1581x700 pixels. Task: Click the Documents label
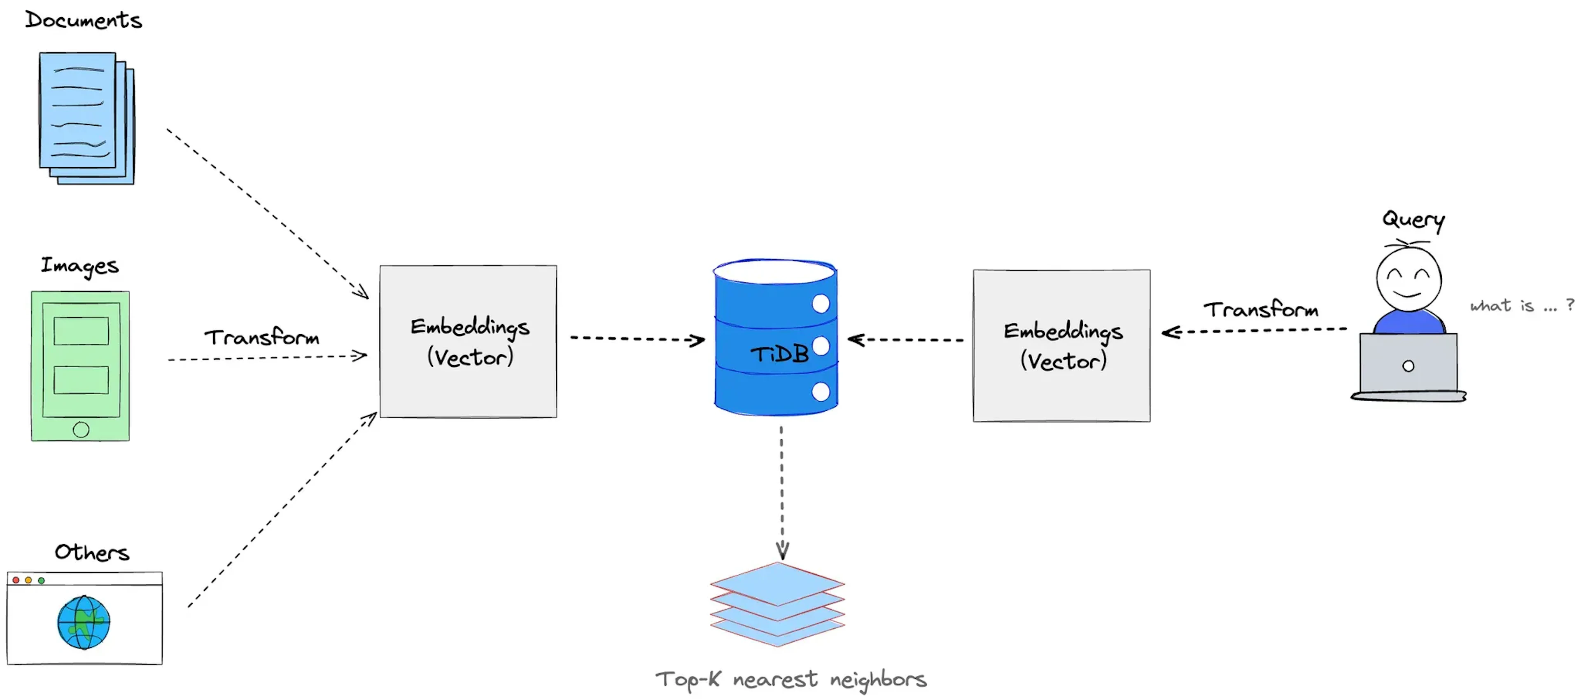(84, 20)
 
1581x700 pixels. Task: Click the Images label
(80, 266)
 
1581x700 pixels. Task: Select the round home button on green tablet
(80, 429)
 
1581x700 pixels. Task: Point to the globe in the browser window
(84, 622)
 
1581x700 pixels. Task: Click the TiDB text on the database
(779, 354)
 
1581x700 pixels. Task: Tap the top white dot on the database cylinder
(821, 303)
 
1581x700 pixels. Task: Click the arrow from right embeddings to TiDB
(905, 339)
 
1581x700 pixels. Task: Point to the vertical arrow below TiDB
(781, 491)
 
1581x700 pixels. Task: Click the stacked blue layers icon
(778, 604)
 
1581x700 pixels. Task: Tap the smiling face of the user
(1408, 279)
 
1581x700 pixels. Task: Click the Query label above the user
(1413, 219)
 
